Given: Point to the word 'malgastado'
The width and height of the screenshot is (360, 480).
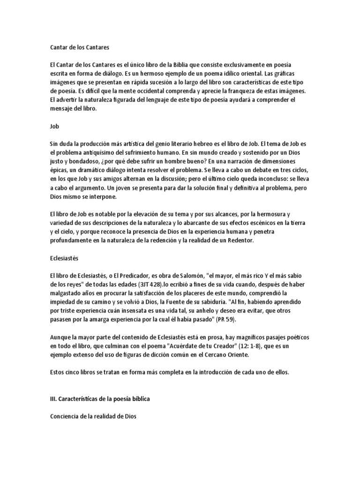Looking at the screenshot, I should click(67, 293).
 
